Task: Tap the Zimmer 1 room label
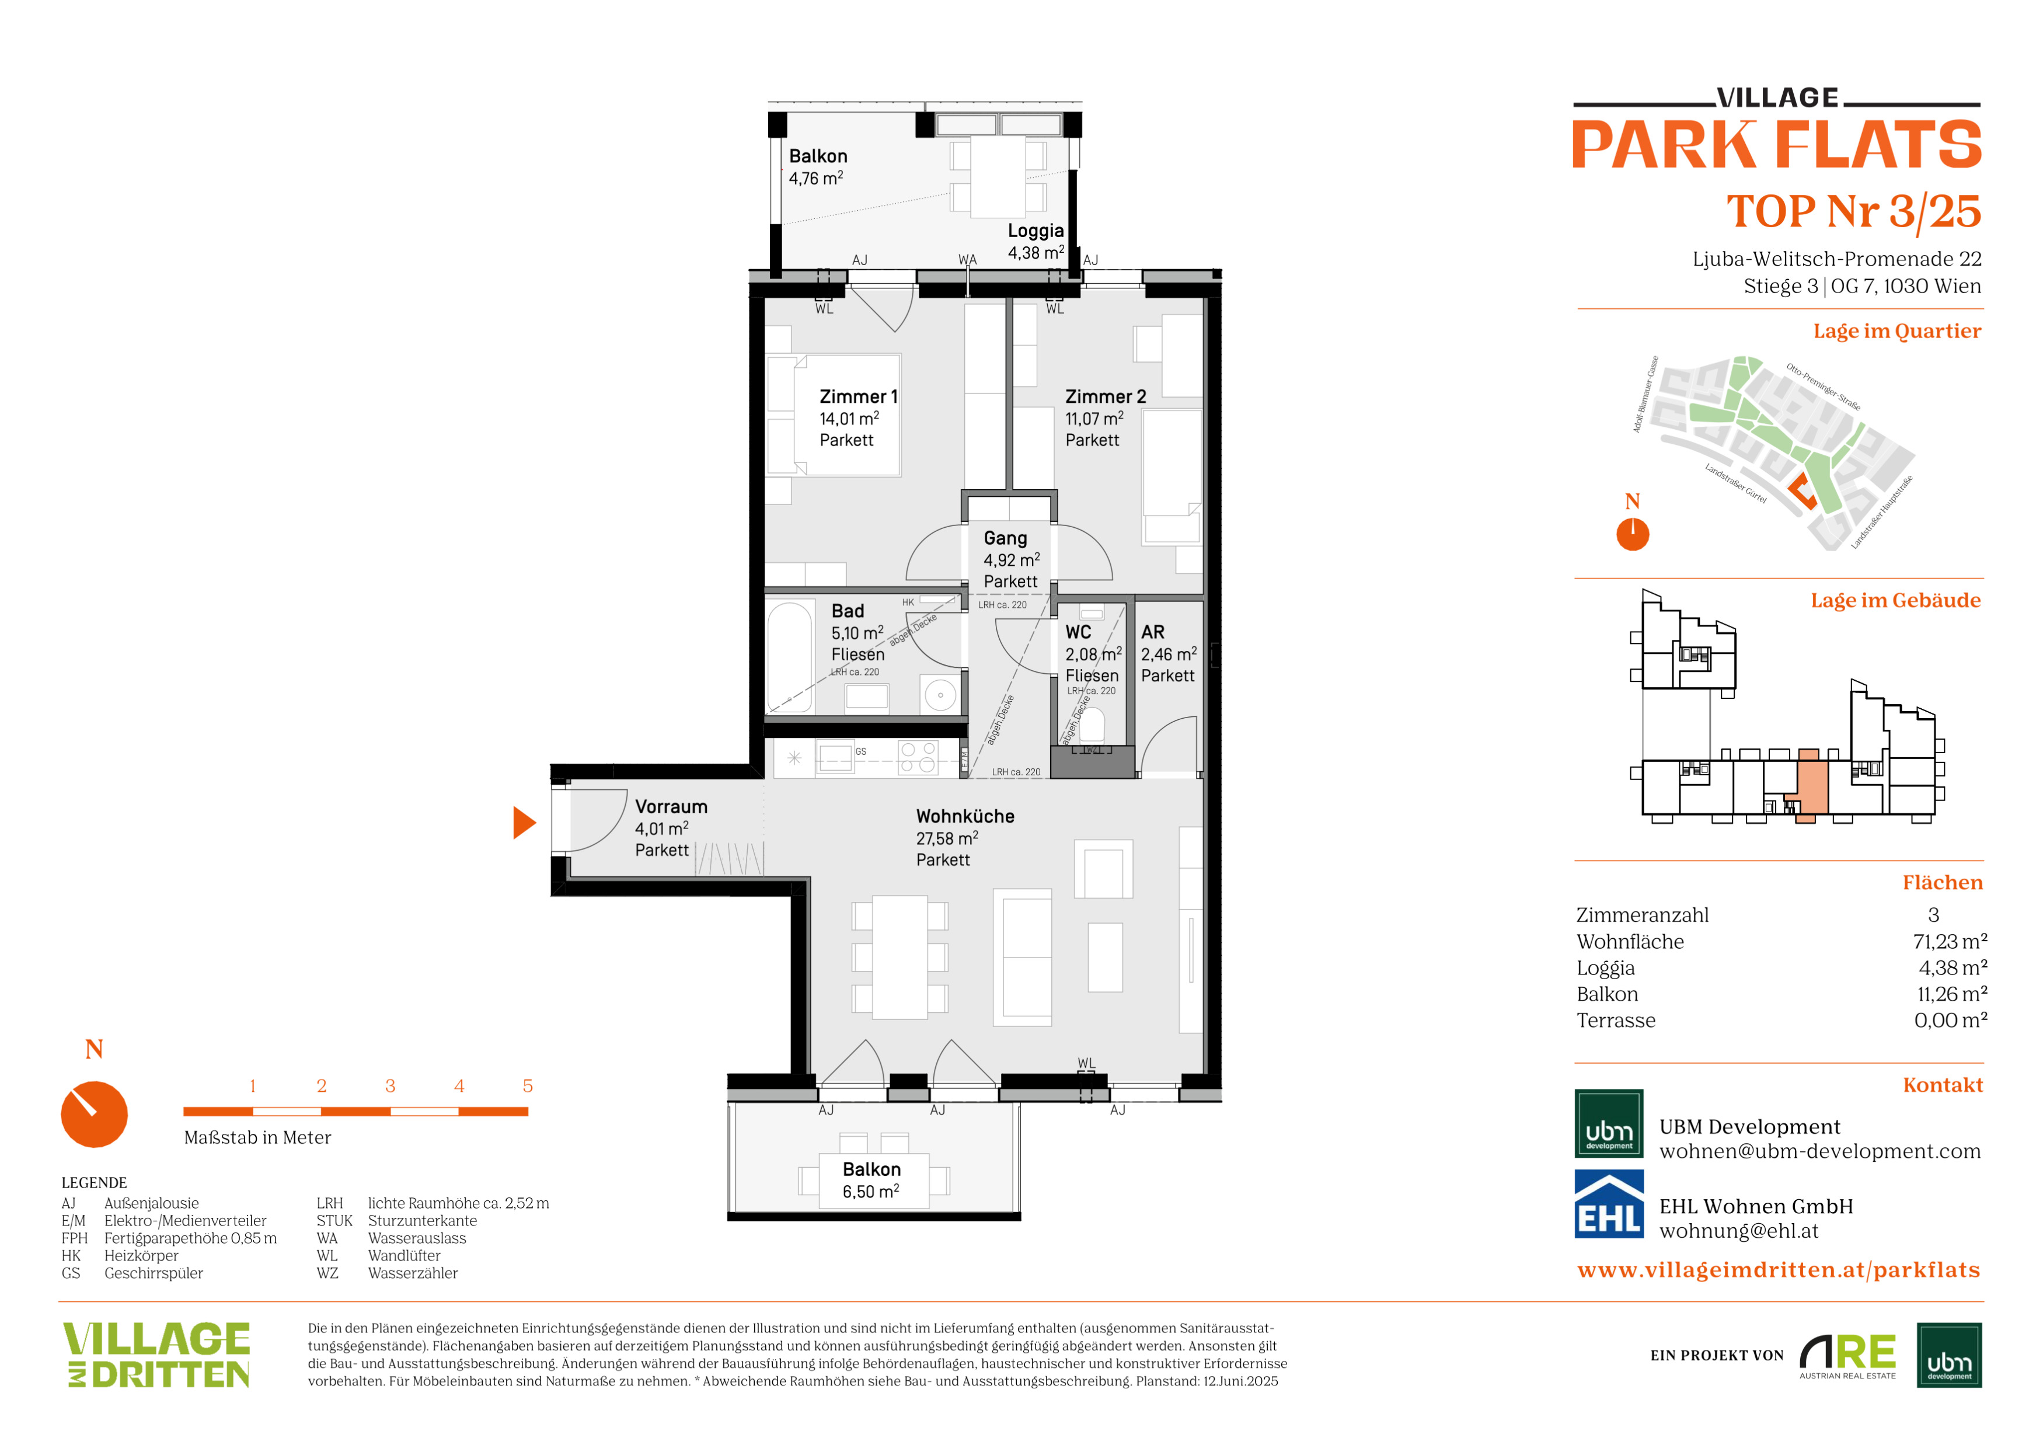(858, 397)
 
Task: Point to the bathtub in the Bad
(789, 657)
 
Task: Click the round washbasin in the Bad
(940, 695)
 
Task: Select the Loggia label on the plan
(1036, 231)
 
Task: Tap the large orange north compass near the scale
(95, 1114)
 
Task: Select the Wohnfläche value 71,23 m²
(1950, 941)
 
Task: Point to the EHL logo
(1609, 1204)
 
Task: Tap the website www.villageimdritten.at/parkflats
(1779, 1270)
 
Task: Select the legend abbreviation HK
(71, 1255)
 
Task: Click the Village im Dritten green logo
(156, 1355)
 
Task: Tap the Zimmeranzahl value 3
(1933, 915)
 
